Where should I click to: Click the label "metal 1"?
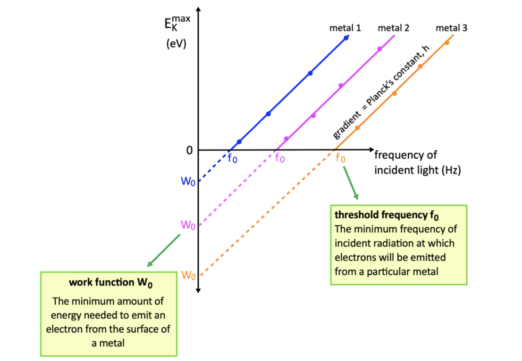[345, 28]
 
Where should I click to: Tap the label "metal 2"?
[393, 28]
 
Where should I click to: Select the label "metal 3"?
[451, 28]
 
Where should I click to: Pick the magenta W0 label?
[188, 225]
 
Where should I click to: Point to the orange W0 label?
[188, 275]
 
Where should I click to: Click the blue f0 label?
[233, 158]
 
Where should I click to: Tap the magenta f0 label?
[280, 158]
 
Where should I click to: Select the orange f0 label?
[340, 158]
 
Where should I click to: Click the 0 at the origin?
[189, 150]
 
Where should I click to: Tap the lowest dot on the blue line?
[239, 142]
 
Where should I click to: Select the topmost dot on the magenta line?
[379, 49]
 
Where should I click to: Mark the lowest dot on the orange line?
[357, 128]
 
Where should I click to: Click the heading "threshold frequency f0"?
[387, 216]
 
